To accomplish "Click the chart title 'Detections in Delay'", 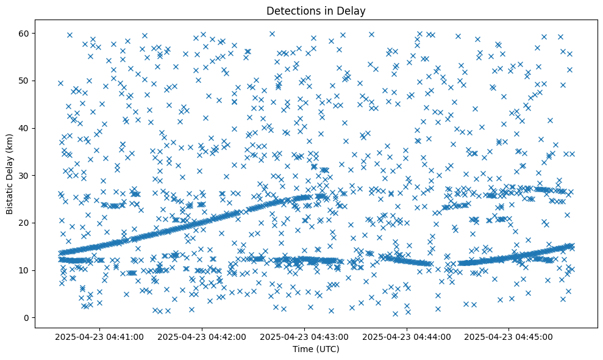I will coord(316,10).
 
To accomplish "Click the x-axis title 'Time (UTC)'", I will coord(316,349).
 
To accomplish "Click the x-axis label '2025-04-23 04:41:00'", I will coord(99,337).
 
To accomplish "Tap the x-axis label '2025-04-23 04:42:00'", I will coord(202,337).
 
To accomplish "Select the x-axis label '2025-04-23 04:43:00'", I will coord(304,337).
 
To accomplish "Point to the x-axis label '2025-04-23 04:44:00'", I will coord(407,337).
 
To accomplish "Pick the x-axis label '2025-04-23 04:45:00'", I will coord(509,337).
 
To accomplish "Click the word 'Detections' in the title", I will coord(290,10).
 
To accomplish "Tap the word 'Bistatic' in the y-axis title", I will coord(10,198).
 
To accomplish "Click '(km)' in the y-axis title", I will coord(10,137).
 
